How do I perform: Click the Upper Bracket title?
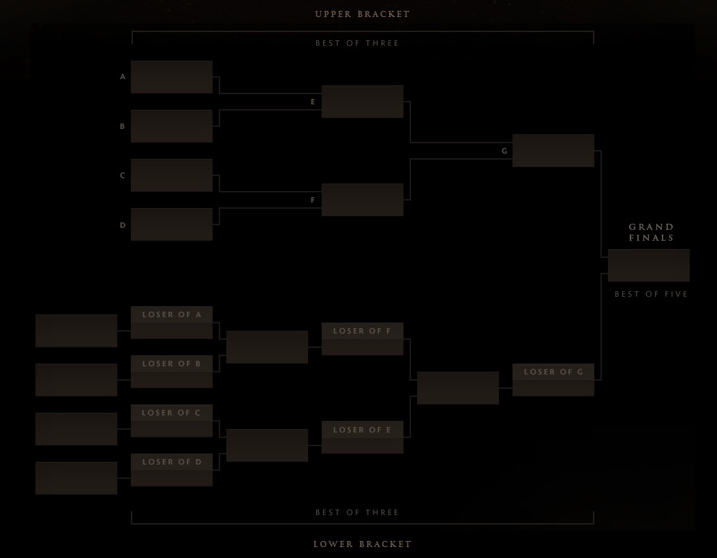pos(362,14)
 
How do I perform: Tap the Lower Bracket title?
pos(362,544)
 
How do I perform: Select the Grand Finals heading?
pos(651,232)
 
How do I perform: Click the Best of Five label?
pos(651,294)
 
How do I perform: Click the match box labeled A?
pos(172,77)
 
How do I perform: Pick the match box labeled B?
pos(172,126)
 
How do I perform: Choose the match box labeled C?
pos(172,175)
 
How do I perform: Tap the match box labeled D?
pos(172,224)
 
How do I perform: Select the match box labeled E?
pos(363,102)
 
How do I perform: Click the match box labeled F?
pos(363,200)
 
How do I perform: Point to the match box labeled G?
pos(553,151)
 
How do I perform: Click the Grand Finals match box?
pos(649,265)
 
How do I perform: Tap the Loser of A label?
pos(172,314)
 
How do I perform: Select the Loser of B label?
pos(172,364)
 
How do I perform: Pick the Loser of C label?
pos(172,413)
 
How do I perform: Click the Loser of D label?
pos(172,462)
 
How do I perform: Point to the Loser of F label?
pos(362,331)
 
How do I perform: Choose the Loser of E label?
pos(362,430)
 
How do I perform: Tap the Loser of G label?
pos(553,372)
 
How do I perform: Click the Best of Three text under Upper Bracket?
pos(357,43)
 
